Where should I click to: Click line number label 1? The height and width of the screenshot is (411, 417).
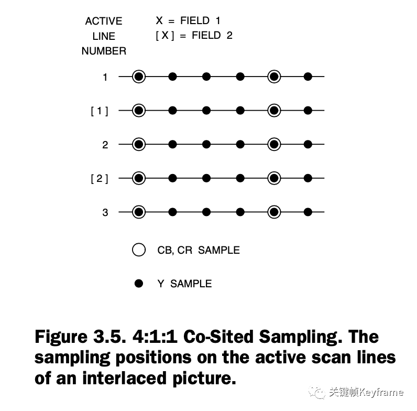[105, 77]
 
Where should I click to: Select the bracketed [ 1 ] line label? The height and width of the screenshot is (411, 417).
[100, 111]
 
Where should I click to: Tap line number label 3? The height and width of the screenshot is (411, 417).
[105, 212]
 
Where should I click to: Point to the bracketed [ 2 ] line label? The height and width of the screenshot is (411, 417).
[100, 179]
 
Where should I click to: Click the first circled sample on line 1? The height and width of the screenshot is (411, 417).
[138, 77]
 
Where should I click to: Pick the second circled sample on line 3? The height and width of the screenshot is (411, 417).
[274, 212]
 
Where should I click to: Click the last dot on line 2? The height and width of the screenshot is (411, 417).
[308, 144]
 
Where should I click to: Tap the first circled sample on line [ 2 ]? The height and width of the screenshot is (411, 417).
[138, 178]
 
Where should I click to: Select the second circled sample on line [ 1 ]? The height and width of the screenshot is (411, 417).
[274, 111]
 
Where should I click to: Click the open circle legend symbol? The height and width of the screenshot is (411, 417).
[139, 250]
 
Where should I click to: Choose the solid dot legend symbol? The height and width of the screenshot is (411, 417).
[139, 284]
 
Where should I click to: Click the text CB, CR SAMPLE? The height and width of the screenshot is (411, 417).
[199, 251]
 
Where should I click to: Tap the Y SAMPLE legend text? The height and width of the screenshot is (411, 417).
[184, 284]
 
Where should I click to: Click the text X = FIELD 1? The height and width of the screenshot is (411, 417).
[188, 21]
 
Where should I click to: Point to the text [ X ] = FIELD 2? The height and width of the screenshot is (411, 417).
[194, 36]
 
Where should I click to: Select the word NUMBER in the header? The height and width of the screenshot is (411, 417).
[104, 51]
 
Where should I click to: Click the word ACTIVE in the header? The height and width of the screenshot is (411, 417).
[104, 21]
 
